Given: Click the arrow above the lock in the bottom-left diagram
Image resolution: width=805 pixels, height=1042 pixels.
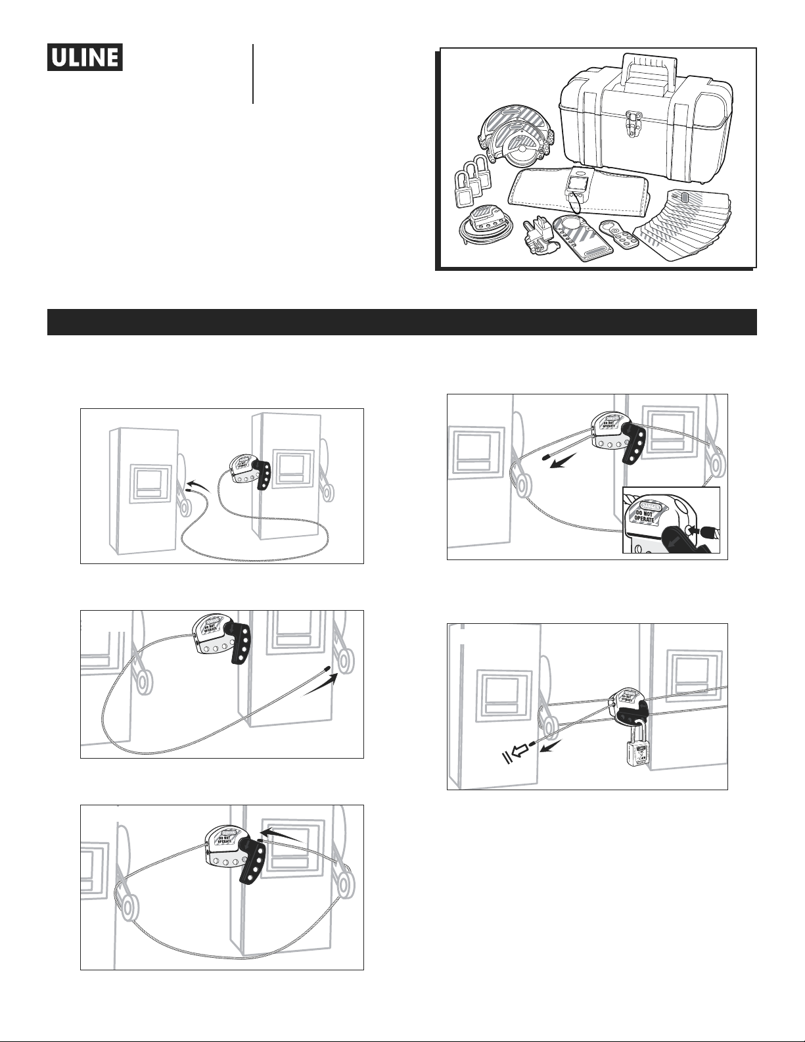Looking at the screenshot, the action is click(x=283, y=836).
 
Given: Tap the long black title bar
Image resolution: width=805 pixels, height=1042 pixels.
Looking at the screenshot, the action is click(x=402, y=321).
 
